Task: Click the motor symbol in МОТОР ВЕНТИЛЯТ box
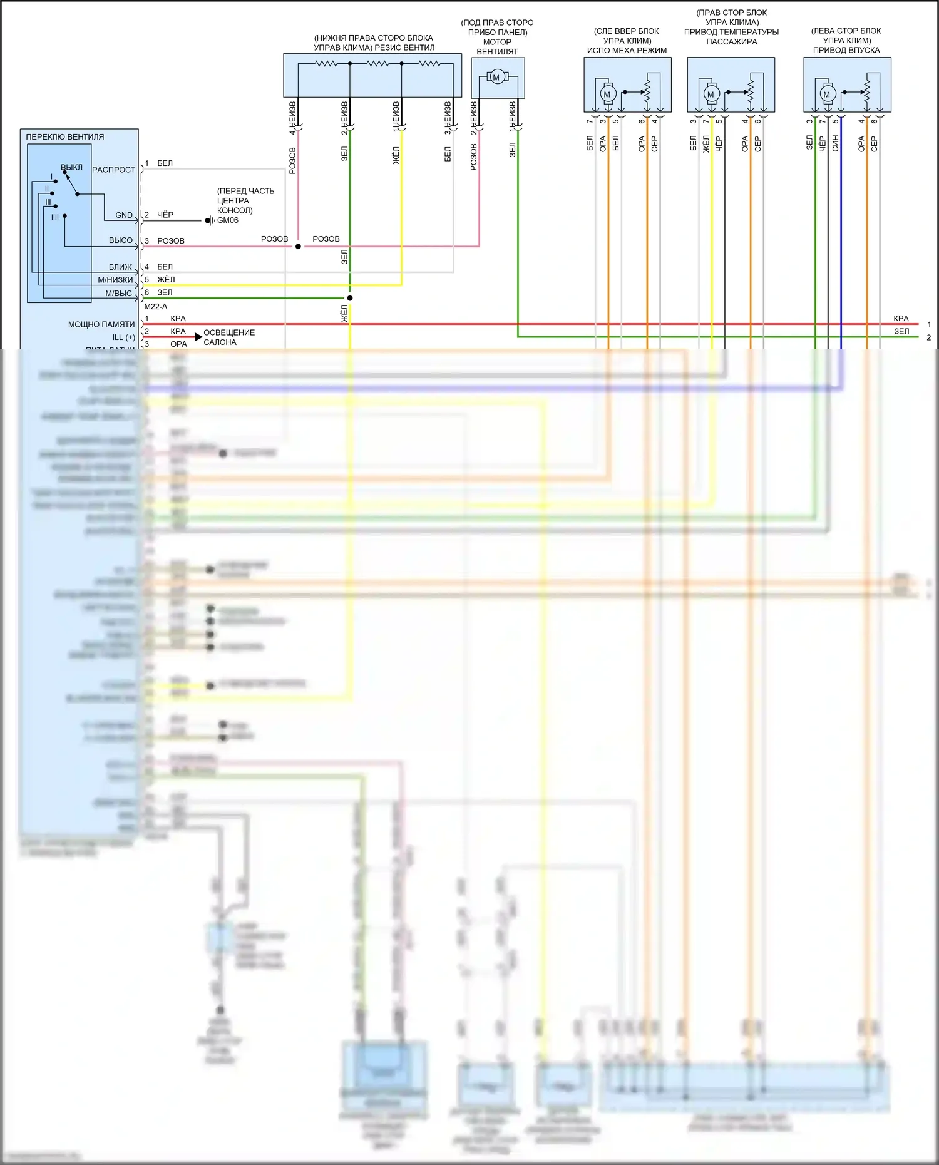click(x=496, y=78)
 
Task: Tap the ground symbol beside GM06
click(x=210, y=220)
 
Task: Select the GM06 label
click(x=228, y=220)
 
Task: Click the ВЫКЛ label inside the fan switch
click(x=71, y=167)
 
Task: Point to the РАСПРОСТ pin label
click(x=113, y=170)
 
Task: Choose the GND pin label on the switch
click(x=124, y=215)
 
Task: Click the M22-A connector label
click(x=156, y=307)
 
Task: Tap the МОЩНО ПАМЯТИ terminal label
click(x=101, y=324)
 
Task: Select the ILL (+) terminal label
click(x=124, y=337)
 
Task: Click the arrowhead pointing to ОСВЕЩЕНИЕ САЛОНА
click(x=198, y=337)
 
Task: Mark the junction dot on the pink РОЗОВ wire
click(x=298, y=246)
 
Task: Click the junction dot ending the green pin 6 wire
click(x=350, y=298)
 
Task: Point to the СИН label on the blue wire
click(x=835, y=143)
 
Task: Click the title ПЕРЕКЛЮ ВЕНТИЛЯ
click(x=65, y=136)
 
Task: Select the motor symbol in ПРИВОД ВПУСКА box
click(x=826, y=95)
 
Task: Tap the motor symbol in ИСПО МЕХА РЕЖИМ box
click(x=607, y=95)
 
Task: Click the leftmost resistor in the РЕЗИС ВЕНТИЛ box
click(x=326, y=63)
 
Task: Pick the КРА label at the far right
click(x=901, y=319)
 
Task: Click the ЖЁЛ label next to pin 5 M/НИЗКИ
click(x=166, y=280)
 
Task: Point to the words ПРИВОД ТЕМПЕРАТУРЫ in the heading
click(x=731, y=32)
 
